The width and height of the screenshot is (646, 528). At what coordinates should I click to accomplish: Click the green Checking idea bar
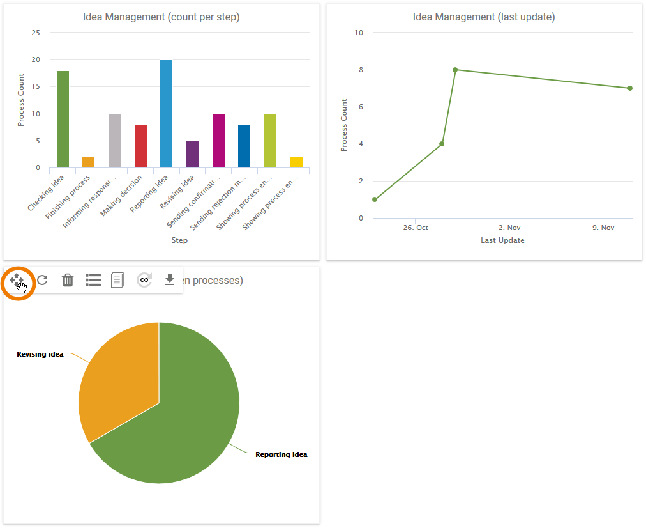pyautogui.click(x=63, y=120)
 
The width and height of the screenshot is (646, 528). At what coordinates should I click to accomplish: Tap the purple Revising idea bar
pyautogui.click(x=192, y=155)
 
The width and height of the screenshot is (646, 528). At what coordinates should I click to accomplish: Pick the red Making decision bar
pyautogui.click(x=140, y=146)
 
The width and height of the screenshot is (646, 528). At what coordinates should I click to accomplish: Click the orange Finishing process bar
pyautogui.click(x=89, y=162)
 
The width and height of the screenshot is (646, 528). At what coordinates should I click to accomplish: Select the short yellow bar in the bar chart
pyautogui.click(x=296, y=162)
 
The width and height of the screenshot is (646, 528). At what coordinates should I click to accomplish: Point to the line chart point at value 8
pyautogui.click(x=455, y=70)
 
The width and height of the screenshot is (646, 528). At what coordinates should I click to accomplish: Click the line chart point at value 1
pyautogui.click(x=375, y=199)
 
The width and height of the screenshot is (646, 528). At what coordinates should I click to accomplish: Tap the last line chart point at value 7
pyautogui.click(x=630, y=88)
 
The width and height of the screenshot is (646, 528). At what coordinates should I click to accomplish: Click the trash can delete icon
pyautogui.click(x=68, y=280)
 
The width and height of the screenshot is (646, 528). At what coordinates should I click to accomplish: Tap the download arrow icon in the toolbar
pyautogui.click(x=170, y=280)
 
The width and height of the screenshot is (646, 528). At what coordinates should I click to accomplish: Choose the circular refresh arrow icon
pyautogui.click(x=42, y=280)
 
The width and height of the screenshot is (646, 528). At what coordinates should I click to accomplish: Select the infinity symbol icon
pyautogui.click(x=144, y=280)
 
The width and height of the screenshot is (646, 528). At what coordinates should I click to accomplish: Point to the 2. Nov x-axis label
pyautogui.click(x=510, y=228)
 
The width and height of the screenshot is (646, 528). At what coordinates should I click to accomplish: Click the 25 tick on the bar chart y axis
pyautogui.click(x=36, y=33)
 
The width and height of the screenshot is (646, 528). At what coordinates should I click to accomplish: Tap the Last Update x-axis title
pyautogui.click(x=502, y=240)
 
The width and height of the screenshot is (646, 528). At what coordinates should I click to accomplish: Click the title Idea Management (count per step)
pyautogui.click(x=161, y=17)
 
